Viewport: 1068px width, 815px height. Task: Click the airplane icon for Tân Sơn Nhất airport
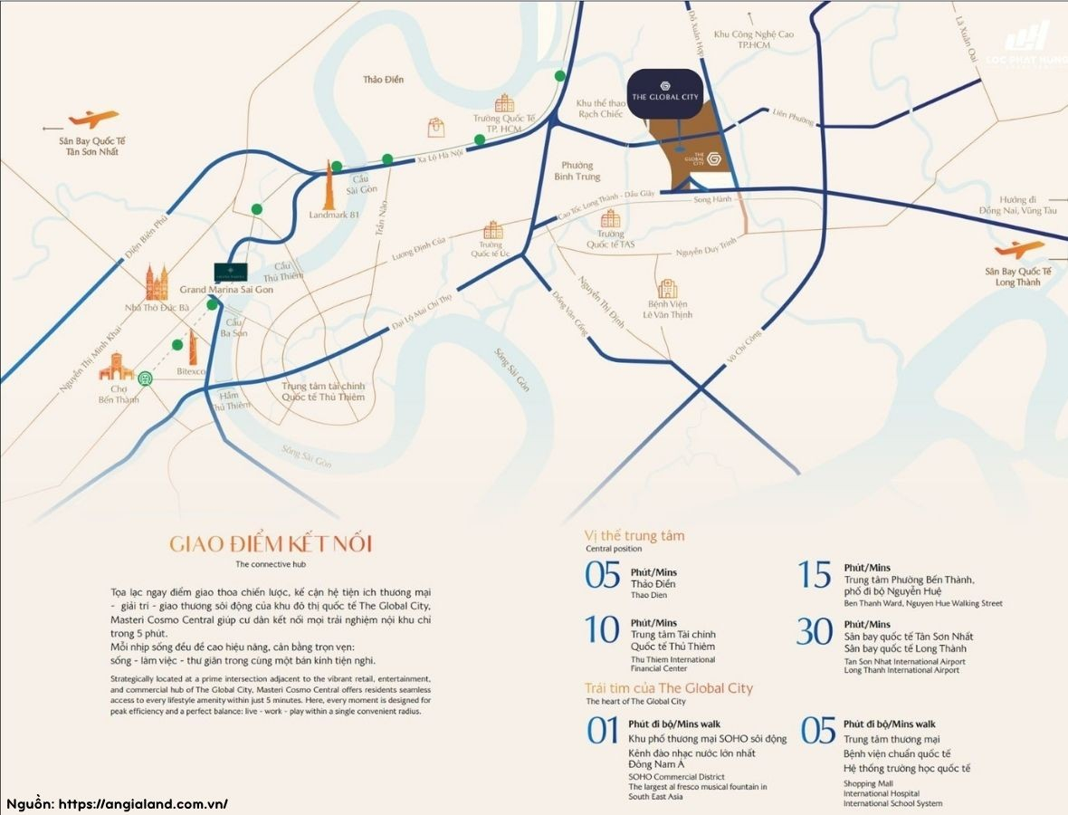tap(93, 119)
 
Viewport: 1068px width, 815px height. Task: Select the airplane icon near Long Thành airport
tap(1018, 250)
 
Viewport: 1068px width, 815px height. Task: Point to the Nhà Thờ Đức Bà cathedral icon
tap(157, 284)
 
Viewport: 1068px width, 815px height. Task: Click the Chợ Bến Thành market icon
tap(116, 368)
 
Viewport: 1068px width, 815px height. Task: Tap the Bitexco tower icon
tap(193, 348)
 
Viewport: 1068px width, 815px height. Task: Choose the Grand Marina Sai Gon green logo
tap(233, 272)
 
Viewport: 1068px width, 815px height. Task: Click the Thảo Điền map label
tap(383, 80)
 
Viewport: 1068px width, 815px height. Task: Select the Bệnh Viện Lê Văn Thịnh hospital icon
tap(668, 289)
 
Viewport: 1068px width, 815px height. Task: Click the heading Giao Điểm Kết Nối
tap(271, 544)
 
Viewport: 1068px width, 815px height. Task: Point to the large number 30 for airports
tap(814, 631)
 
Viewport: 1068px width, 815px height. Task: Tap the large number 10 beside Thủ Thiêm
tap(602, 630)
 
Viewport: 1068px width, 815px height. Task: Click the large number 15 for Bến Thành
tap(814, 575)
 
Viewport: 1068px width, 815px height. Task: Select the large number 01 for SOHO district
tap(602, 731)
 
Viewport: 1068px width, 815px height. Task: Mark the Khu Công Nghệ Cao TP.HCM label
tap(753, 40)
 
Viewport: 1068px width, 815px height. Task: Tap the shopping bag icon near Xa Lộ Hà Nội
tap(437, 127)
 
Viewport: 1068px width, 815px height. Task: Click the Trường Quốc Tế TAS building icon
tap(611, 218)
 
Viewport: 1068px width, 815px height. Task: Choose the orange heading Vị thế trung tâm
tap(634, 535)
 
